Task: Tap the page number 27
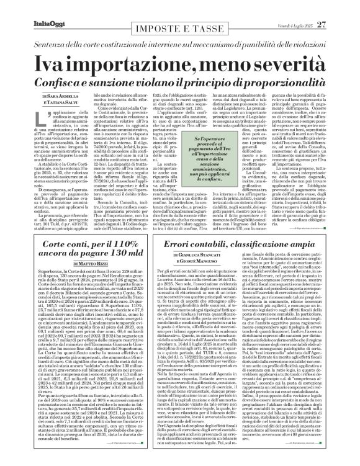click(x=338, y=7)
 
